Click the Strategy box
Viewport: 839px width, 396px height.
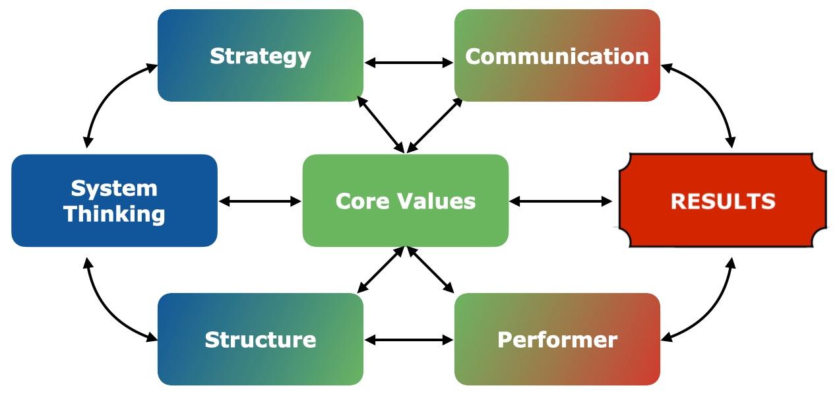(261, 55)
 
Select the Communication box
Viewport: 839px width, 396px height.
(557, 55)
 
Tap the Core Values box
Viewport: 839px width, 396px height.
(405, 201)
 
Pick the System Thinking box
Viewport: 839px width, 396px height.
(114, 201)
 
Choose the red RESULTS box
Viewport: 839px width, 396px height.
(722, 201)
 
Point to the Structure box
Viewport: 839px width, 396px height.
(261, 339)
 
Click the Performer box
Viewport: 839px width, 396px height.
(557, 339)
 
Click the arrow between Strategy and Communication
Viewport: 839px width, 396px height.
(409, 63)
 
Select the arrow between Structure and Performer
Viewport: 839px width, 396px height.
(409, 340)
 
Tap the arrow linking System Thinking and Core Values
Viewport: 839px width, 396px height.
(260, 201)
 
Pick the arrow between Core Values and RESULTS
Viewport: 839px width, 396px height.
(561, 201)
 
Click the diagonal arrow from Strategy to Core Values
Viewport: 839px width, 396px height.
(381, 125)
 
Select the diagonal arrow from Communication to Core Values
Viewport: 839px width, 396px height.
(435, 125)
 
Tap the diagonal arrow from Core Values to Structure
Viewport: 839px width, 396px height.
(381, 269)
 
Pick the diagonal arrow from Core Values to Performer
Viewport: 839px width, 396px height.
(430, 269)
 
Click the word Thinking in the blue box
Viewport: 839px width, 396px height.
(114, 214)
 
